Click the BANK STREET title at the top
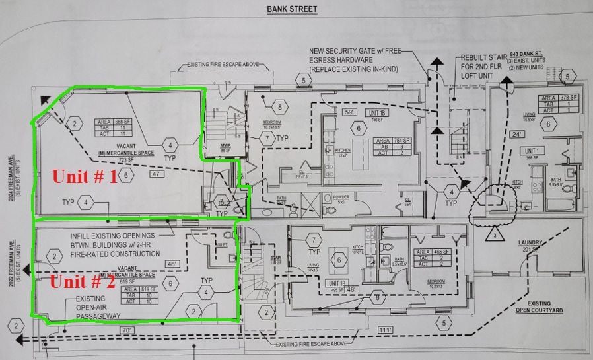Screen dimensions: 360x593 (291, 9)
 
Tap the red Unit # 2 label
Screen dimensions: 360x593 (84, 282)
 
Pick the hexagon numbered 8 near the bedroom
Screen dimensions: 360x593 (281, 107)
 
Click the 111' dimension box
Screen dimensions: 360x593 (384, 329)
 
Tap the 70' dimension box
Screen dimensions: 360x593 (127, 328)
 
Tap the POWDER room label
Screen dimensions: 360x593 (341, 196)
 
